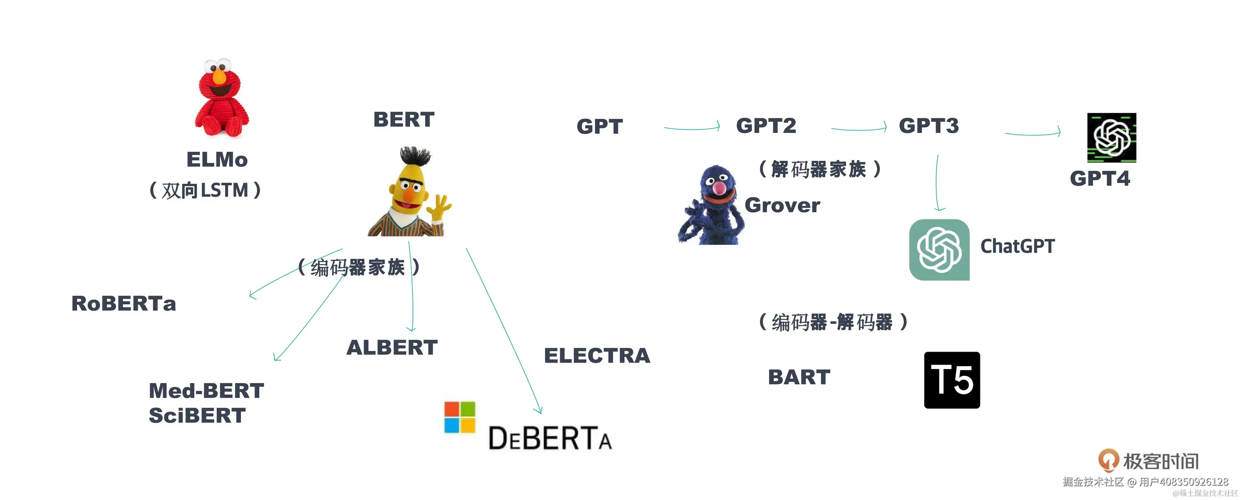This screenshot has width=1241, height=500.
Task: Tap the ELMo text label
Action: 217,160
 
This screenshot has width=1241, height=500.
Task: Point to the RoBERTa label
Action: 124,304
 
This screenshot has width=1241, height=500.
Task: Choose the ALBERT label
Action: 392,347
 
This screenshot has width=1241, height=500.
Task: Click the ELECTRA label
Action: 597,356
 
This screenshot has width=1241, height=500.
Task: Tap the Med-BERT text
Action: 206,390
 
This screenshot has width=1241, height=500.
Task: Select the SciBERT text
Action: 197,415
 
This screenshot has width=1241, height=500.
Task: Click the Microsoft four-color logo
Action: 459,417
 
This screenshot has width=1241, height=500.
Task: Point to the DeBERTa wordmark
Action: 550,438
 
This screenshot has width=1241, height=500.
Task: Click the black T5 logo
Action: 951,380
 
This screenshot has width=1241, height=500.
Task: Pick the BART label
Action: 799,377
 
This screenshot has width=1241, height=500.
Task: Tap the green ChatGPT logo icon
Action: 939,249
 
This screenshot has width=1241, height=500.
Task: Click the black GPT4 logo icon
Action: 1111,138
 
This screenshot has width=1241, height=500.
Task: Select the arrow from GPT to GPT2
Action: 692,128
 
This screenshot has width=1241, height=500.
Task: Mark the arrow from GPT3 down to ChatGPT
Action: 937,183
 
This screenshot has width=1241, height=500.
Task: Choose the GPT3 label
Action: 928,126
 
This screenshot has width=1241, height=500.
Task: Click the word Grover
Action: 782,205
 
